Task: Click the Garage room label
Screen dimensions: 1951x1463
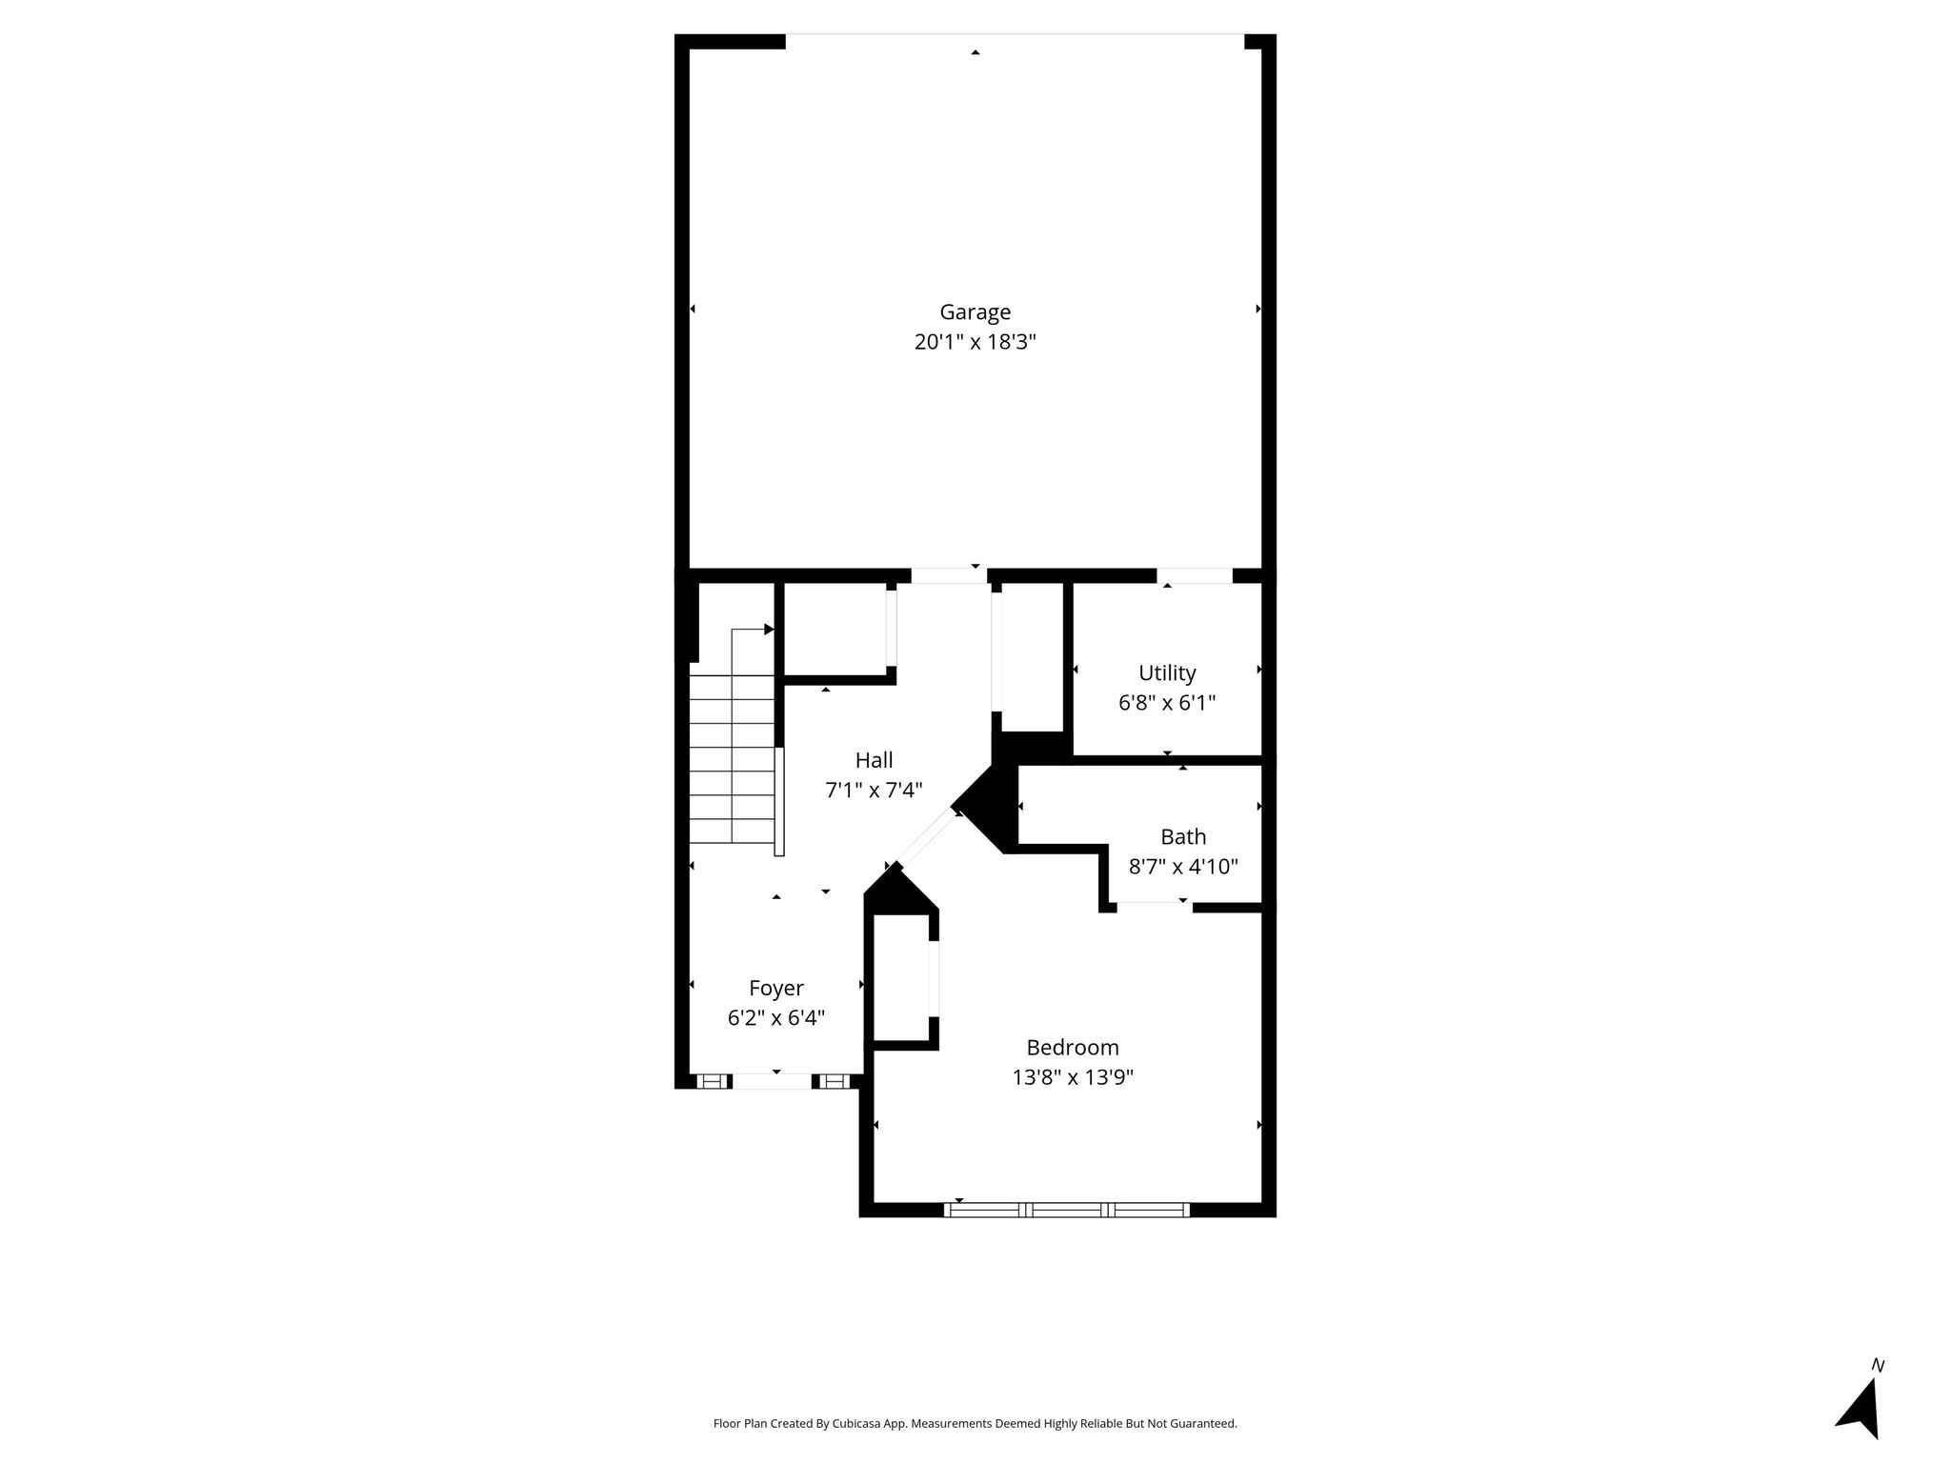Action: pyautogui.click(x=975, y=312)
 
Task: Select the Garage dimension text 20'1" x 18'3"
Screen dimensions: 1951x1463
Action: pyautogui.click(x=975, y=342)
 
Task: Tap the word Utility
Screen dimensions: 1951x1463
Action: pyautogui.click(x=1167, y=673)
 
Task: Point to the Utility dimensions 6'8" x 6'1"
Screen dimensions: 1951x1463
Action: pyautogui.click(x=1167, y=703)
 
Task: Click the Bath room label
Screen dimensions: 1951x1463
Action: pyautogui.click(x=1183, y=837)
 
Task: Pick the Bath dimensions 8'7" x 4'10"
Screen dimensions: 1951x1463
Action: pyautogui.click(x=1183, y=867)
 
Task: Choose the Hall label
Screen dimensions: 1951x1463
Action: pyautogui.click(x=874, y=760)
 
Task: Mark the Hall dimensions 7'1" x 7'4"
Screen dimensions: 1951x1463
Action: pyautogui.click(x=874, y=790)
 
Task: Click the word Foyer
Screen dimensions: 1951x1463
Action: pyautogui.click(x=775, y=989)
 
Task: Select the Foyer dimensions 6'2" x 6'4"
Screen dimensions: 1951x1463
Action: pyautogui.click(x=775, y=1018)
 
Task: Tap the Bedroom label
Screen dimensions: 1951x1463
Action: pyautogui.click(x=1073, y=1048)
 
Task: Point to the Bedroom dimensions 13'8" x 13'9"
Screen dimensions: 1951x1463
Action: pyautogui.click(x=1073, y=1077)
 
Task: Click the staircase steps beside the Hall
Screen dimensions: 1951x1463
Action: pyautogui.click(x=732, y=759)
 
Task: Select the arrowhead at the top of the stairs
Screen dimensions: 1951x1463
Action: pyautogui.click(x=769, y=630)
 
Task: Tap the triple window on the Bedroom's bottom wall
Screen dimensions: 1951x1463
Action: pyautogui.click(x=1067, y=1210)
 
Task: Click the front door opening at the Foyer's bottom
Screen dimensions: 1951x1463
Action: pyautogui.click(x=773, y=1081)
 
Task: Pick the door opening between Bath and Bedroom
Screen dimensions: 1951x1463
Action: pyautogui.click(x=1155, y=907)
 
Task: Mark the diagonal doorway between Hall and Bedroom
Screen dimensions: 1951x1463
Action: pyautogui.click(x=925, y=838)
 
